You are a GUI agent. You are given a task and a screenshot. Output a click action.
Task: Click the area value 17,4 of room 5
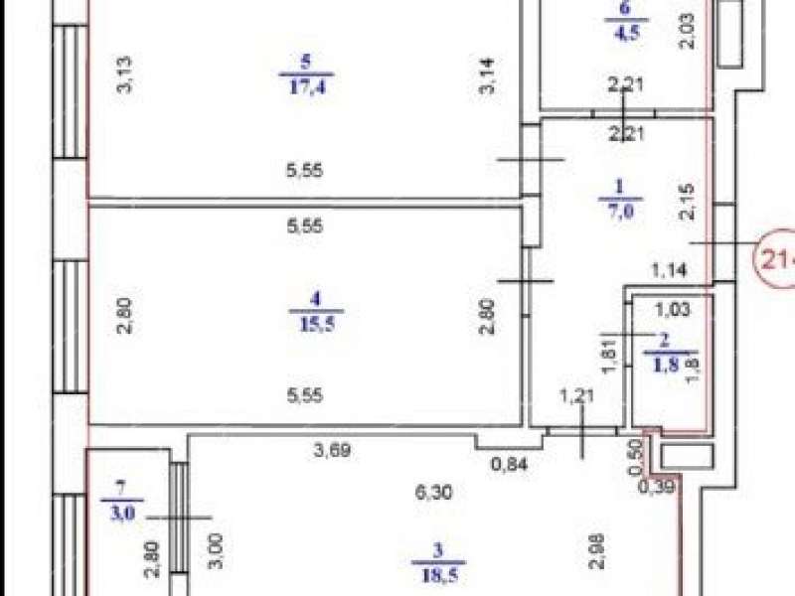308,85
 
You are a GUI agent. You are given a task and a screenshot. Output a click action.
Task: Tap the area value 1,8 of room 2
660,363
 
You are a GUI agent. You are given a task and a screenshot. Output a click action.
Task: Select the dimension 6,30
439,491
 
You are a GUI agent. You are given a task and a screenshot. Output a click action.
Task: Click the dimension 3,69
333,452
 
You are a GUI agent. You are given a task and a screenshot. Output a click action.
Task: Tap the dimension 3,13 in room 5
126,75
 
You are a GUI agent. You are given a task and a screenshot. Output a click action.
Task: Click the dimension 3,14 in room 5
488,75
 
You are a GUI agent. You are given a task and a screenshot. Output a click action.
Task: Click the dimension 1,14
671,268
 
